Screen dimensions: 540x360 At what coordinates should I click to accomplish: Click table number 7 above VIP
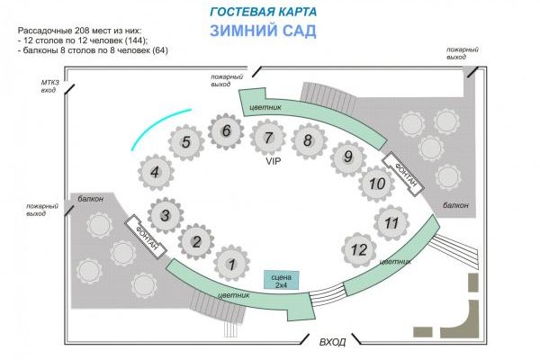(268, 138)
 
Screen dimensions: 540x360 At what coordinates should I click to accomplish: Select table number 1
(232, 264)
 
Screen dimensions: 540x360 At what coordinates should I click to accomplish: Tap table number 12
(359, 249)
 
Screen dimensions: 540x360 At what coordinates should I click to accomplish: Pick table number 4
(156, 172)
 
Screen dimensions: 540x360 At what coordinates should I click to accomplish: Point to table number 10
(377, 184)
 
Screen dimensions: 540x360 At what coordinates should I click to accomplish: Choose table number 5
(186, 142)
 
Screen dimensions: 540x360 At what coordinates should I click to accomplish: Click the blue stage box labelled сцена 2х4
(282, 280)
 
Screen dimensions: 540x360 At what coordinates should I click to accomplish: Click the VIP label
(273, 161)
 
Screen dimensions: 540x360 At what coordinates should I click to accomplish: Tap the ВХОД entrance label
(332, 342)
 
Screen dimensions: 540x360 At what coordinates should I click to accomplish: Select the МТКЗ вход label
(50, 86)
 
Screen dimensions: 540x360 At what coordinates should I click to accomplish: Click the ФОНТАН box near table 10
(403, 174)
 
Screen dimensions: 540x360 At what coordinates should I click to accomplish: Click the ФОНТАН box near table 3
(145, 237)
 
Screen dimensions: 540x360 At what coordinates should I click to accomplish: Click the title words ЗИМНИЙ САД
(263, 31)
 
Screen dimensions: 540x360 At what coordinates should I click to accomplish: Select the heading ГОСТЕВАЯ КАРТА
(263, 12)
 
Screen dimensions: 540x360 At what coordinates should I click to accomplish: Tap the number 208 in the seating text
(82, 31)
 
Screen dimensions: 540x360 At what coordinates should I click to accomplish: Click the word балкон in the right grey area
(455, 205)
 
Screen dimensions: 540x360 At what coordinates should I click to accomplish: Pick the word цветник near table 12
(395, 262)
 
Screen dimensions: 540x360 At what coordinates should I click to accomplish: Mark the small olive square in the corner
(473, 283)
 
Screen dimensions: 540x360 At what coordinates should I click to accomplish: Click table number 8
(309, 141)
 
